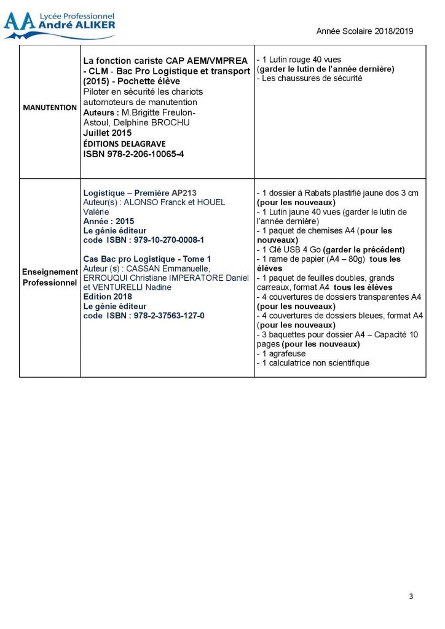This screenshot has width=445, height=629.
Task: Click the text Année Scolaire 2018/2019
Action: (364, 31)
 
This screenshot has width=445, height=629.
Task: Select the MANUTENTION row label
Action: (50, 107)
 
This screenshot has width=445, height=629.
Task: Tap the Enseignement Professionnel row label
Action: (50, 277)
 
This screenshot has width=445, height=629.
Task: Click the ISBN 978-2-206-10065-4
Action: (134, 154)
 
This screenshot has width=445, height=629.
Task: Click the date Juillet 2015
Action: (107, 133)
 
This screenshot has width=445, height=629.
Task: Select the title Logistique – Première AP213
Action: (140, 193)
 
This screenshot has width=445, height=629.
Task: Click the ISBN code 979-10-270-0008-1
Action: (143, 240)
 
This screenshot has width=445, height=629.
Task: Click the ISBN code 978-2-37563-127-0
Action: (143, 315)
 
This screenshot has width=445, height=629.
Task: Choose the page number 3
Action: (411, 596)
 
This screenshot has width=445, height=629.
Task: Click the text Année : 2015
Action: (108, 221)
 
